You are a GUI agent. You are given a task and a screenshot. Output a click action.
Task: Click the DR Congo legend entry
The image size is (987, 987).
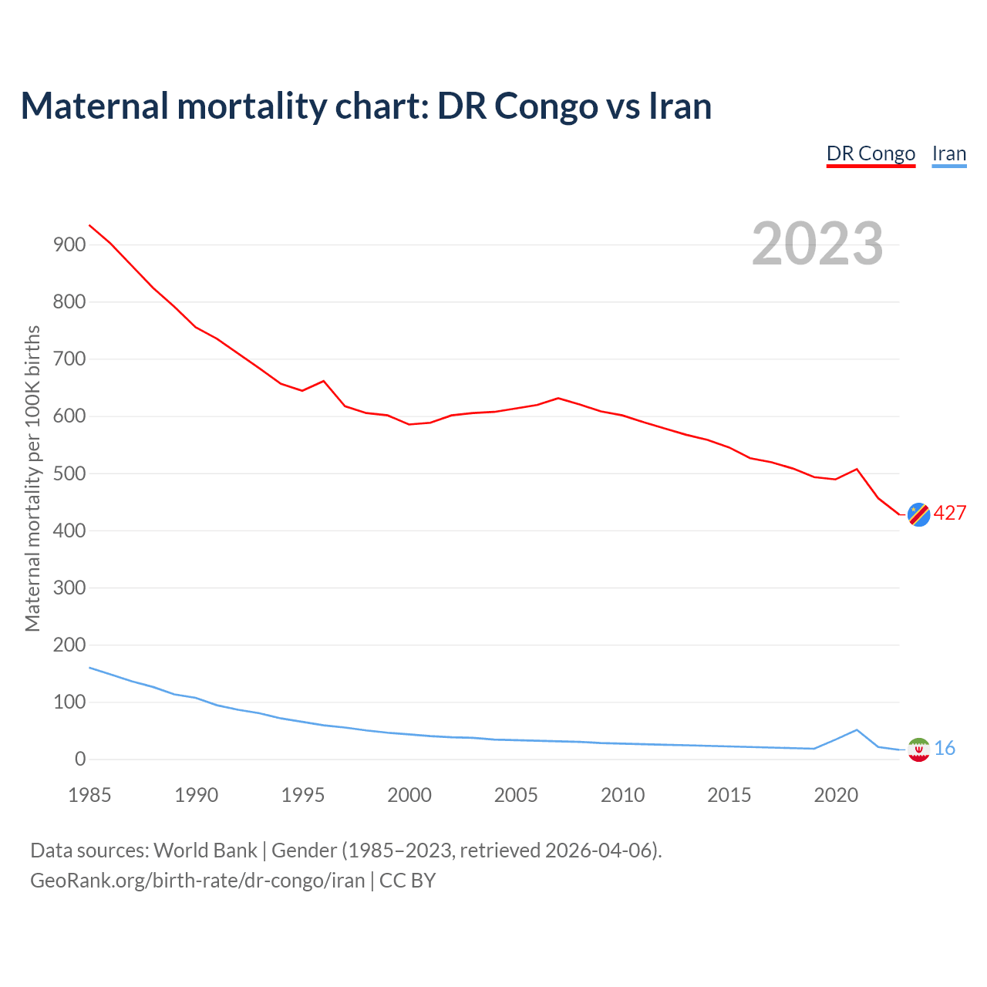[x=871, y=153]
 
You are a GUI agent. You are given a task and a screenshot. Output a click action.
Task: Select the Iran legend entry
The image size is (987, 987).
[x=948, y=153]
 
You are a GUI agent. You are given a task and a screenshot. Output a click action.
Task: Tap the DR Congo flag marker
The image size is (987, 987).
[x=918, y=514]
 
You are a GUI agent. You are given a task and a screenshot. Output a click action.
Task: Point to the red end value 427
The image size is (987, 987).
[x=950, y=514]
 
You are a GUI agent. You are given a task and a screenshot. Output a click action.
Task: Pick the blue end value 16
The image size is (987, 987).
[x=945, y=749]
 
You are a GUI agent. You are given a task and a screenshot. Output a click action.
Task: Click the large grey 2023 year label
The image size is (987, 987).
[x=817, y=244]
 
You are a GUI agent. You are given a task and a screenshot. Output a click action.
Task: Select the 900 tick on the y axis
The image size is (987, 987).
[x=69, y=245]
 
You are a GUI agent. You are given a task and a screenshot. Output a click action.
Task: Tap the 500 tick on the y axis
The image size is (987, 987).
[x=69, y=473]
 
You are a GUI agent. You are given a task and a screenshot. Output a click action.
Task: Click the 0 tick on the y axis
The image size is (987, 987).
[x=80, y=760]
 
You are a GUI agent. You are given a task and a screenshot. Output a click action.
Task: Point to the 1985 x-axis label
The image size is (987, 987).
[x=89, y=795]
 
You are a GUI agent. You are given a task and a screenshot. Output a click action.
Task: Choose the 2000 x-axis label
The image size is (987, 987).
[x=409, y=795]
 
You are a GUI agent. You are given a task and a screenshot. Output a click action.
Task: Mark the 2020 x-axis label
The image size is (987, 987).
[x=836, y=795]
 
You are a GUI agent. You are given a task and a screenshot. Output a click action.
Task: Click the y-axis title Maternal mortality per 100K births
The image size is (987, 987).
[x=32, y=478]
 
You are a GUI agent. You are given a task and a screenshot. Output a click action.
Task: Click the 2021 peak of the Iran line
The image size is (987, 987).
[x=857, y=729]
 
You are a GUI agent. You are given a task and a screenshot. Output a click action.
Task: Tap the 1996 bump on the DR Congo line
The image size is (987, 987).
[x=323, y=381]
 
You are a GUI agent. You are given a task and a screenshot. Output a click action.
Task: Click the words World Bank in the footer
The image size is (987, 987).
[x=205, y=851]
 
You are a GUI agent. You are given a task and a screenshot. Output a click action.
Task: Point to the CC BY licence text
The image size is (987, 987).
[x=407, y=881]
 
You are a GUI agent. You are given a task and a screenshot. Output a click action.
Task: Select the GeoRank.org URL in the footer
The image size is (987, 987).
[x=197, y=881]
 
